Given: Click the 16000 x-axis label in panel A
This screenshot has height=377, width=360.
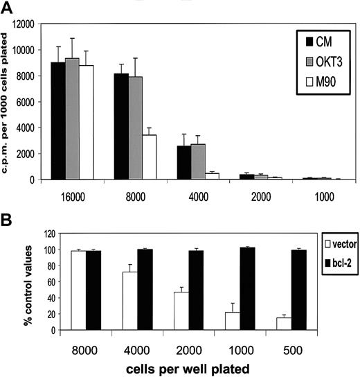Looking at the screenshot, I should click(x=73, y=196).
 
